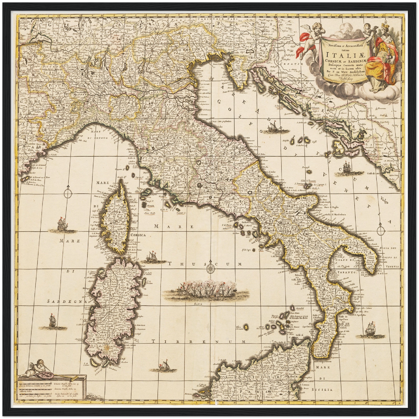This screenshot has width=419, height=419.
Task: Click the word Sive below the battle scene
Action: click(x=198, y=304)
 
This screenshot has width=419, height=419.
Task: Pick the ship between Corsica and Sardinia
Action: click(x=151, y=255)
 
